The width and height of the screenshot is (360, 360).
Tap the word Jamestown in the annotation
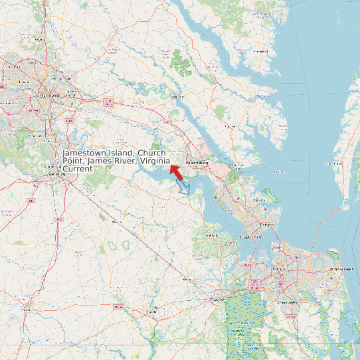pyautogui.click(x=83, y=153)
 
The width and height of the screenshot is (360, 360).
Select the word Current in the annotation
pyautogui.click(x=78, y=169)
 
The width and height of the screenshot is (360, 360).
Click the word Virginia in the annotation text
pyautogui.click(x=155, y=161)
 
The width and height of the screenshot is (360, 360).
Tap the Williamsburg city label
pyautogui.click(x=197, y=162)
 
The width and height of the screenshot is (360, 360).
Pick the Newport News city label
pyautogui.click(x=250, y=236)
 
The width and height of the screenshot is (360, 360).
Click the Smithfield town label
pyautogui.click(x=211, y=235)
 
